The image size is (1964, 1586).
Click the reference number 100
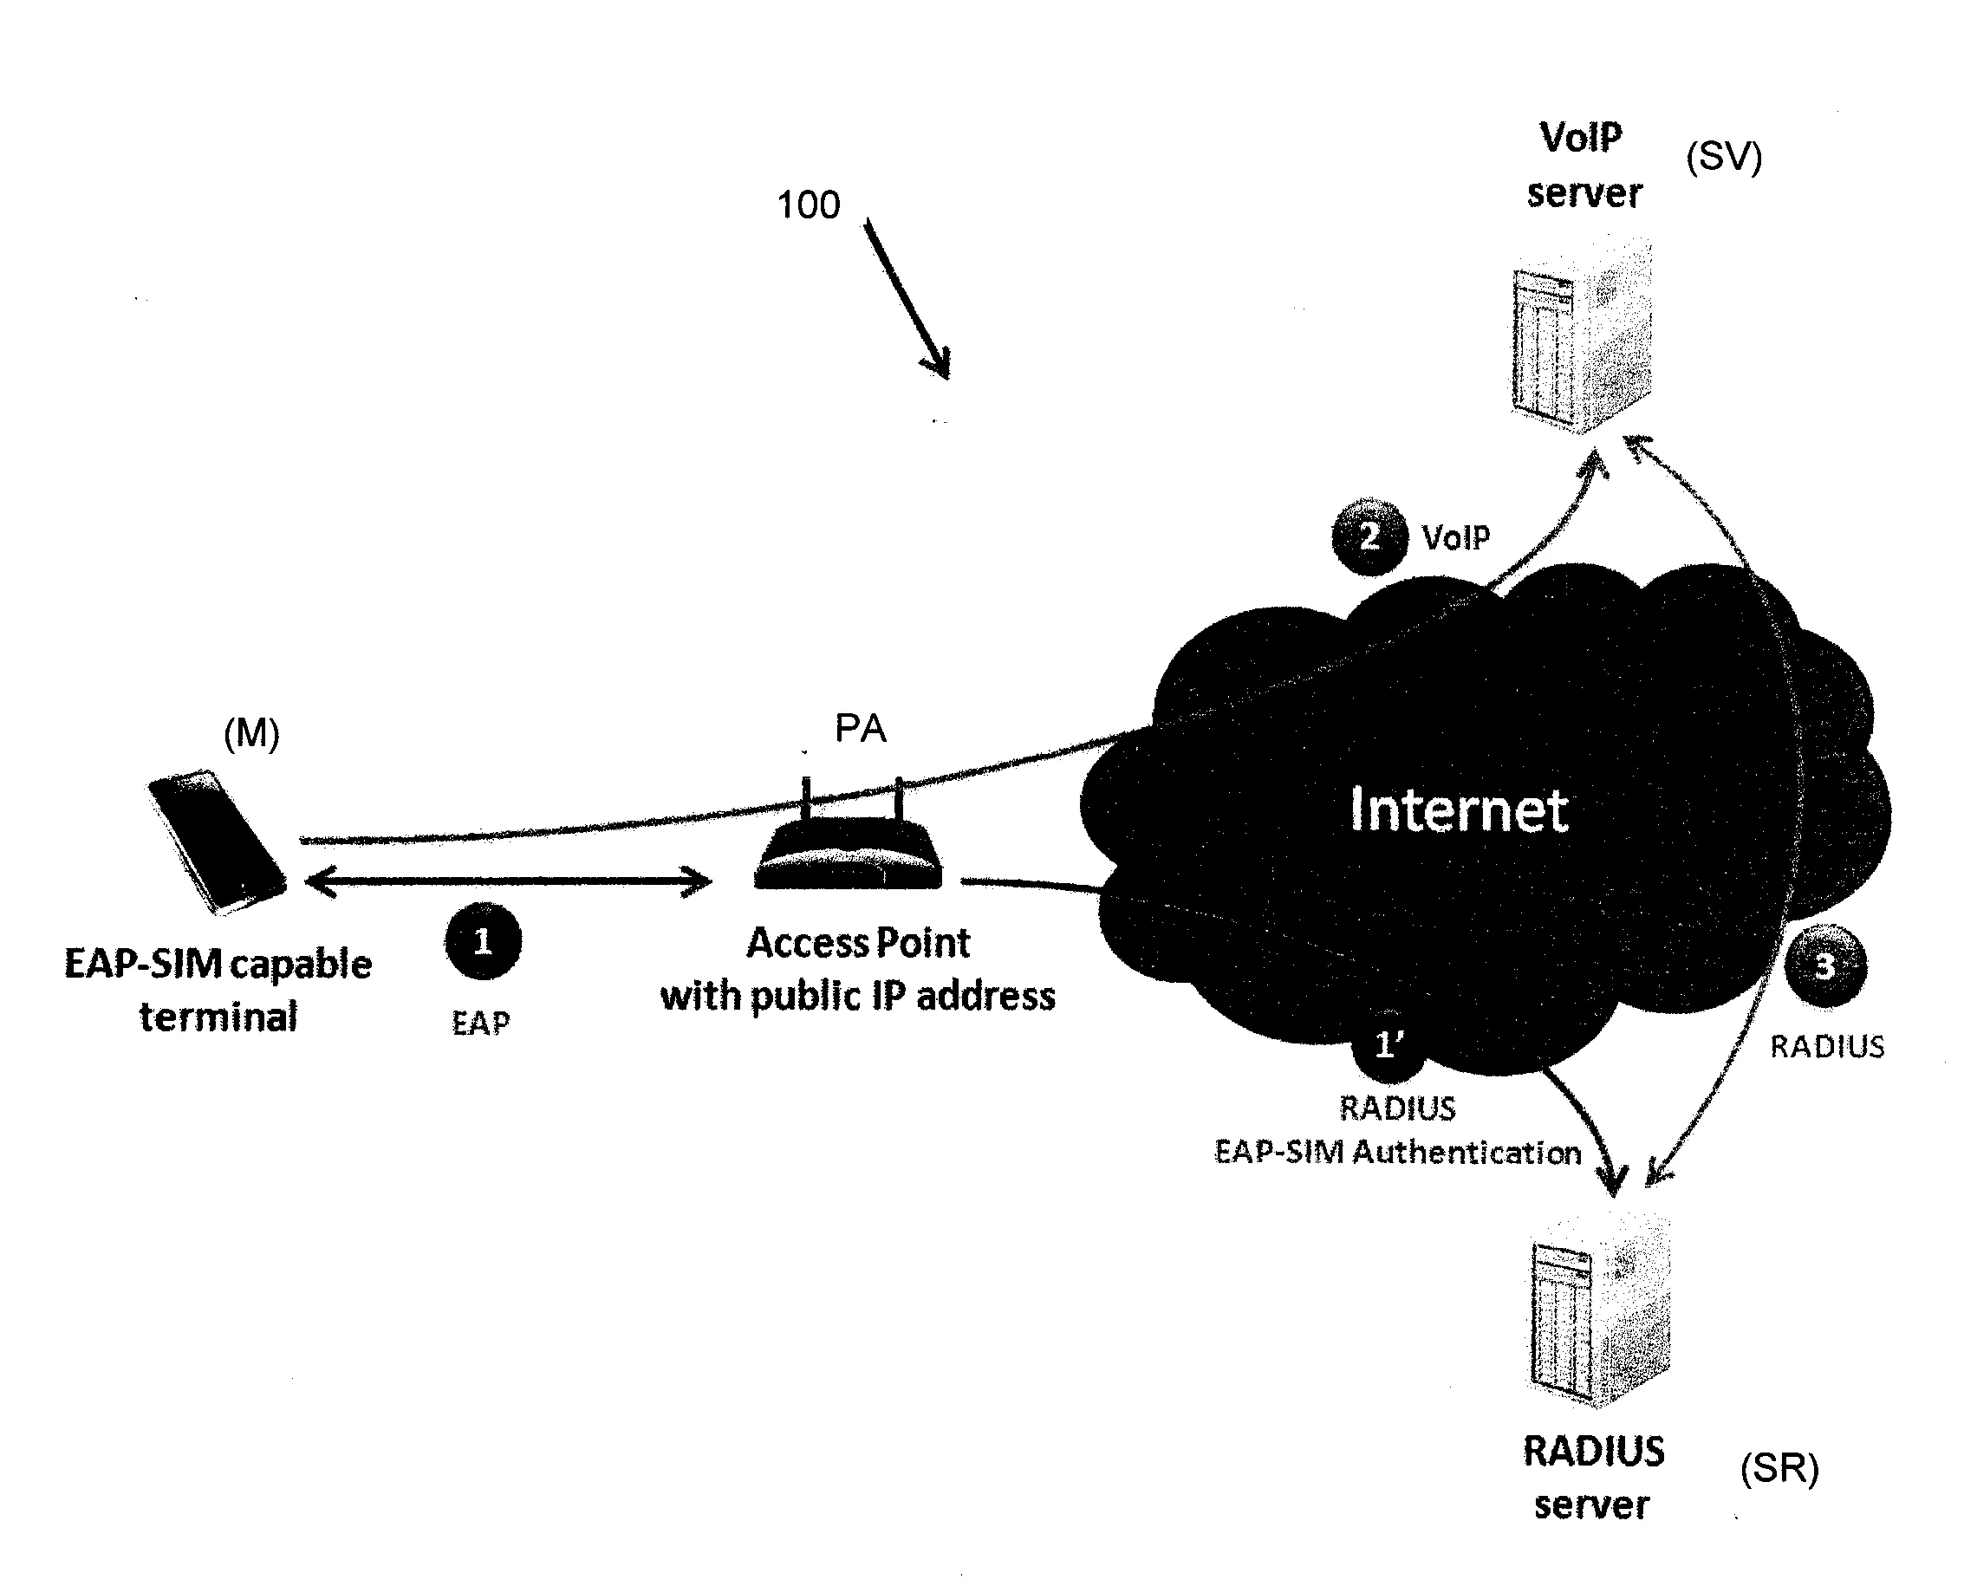(808, 205)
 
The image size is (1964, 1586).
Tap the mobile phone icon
(218, 842)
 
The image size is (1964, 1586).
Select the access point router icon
(848, 855)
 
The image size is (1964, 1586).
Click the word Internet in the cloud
(1458, 809)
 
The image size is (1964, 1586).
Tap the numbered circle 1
(484, 941)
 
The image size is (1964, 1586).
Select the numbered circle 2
(1369, 536)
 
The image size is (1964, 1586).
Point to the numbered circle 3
(1824, 966)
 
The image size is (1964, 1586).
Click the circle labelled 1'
(1388, 1044)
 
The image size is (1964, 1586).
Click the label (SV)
(1723, 156)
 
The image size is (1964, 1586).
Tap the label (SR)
(1779, 1468)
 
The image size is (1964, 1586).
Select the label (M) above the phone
(251, 732)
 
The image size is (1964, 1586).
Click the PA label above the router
(860, 728)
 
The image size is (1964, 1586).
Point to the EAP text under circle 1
(480, 1023)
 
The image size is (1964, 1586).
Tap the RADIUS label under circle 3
(1826, 1046)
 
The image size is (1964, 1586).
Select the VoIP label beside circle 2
(1455, 537)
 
